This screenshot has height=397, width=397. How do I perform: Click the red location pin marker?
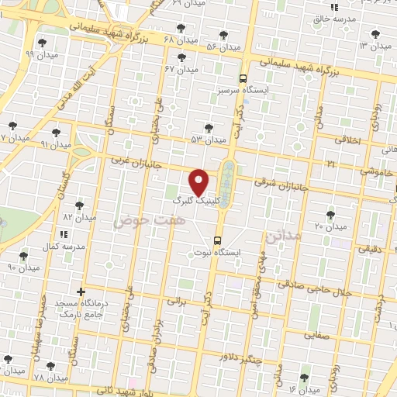pos(200,181)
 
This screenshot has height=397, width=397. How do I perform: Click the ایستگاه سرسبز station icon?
pos(243,78)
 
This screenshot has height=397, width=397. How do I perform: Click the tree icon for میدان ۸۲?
pos(79,205)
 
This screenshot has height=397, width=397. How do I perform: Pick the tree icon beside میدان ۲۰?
pos(331,214)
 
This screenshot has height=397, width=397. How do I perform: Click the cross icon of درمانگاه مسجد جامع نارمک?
pos(81,292)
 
